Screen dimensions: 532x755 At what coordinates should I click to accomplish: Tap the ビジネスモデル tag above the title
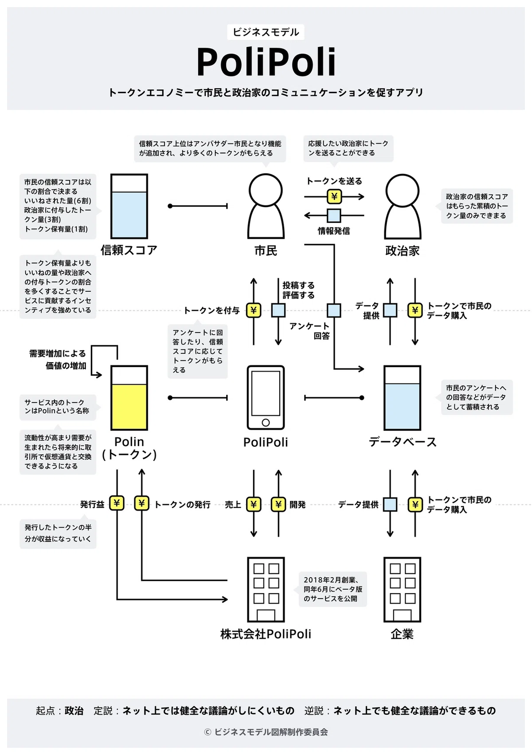click(266, 32)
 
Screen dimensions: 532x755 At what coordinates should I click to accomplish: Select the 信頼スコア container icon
click(129, 206)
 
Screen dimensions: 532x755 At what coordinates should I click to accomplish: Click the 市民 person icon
click(266, 206)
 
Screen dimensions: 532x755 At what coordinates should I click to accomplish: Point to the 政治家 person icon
click(403, 206)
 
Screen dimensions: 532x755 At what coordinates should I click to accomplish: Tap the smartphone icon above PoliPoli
click(266, 397)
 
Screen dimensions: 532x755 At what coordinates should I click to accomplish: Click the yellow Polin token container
click(129, 398)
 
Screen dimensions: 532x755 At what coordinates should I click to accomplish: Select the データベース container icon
click(402, 398)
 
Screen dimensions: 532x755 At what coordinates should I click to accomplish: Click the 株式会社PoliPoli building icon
click(266, 590)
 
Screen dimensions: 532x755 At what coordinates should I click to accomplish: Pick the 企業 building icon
click(402, 590)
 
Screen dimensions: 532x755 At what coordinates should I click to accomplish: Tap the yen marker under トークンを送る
click(334, 196)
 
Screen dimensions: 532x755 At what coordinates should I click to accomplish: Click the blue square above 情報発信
click(334, 215)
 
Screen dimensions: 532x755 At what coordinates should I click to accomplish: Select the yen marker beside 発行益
click(117, 503)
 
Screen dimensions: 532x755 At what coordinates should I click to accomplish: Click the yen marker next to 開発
click(278, 504)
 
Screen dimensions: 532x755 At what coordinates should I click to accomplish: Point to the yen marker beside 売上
click(254, 504)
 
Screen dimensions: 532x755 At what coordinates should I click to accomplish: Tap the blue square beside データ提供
click(390, 505)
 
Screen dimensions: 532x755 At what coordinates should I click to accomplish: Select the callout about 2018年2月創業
click(333, 589)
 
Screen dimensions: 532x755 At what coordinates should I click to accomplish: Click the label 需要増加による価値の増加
click(58, 360)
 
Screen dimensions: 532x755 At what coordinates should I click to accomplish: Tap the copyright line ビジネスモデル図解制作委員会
click(266, 732)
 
